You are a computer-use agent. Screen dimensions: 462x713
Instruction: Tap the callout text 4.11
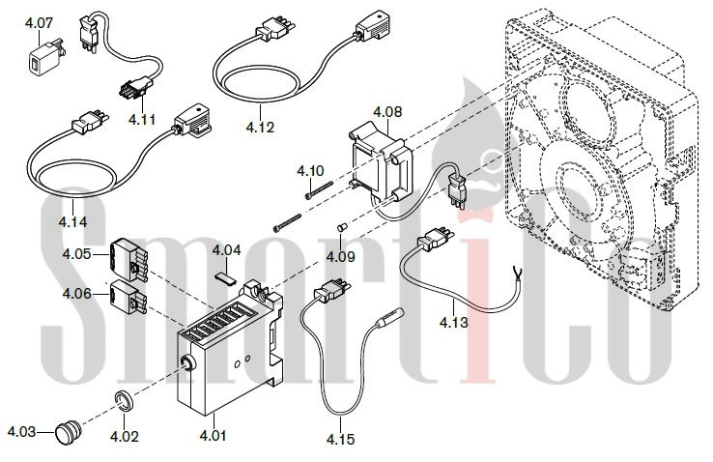tap(141, 119)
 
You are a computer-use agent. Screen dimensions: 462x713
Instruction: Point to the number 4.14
tap(72, 221)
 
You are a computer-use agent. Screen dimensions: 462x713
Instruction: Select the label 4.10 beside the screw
tap(311, 171)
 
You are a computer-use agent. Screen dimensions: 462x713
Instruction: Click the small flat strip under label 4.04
tap(225, 274)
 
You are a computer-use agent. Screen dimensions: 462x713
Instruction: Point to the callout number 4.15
tap(339, 440)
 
